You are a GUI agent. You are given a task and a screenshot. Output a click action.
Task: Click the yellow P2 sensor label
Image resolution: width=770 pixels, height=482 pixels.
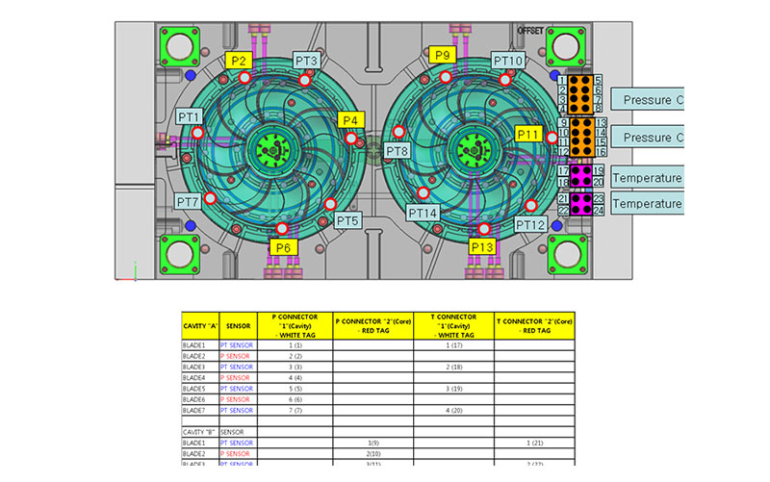[240, 61]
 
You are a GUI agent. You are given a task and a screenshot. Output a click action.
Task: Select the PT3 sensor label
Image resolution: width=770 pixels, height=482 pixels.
[307, 61]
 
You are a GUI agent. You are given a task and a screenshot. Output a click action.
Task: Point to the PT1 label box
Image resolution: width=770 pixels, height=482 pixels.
[190, 117]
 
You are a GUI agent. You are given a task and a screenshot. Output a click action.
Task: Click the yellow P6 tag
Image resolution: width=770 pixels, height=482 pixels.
[282, 247]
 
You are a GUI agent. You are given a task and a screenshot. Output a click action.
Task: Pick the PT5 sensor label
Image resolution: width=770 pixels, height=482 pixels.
[348, 221]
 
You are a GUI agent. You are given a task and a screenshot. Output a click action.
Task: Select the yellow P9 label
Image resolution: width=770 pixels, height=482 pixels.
[443, 55]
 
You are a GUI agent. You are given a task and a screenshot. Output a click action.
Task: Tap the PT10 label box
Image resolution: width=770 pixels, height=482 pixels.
[508, 61]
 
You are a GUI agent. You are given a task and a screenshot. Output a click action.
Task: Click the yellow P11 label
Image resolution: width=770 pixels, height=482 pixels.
[529, 134]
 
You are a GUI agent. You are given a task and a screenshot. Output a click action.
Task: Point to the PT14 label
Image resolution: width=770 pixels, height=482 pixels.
[423, 213]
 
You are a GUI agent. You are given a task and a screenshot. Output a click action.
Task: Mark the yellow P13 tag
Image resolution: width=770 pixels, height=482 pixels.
[483, 247]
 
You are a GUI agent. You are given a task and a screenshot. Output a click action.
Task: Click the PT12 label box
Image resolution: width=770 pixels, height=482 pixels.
[530, 224]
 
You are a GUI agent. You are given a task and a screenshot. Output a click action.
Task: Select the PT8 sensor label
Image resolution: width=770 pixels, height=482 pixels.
[398, 151]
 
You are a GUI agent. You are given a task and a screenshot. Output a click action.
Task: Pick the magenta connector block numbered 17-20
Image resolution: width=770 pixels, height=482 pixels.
[580, 175]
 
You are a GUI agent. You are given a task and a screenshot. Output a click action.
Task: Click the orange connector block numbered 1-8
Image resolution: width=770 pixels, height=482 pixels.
[580, 94]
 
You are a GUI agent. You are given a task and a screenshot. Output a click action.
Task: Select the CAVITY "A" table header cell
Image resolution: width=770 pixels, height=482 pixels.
[200, 326]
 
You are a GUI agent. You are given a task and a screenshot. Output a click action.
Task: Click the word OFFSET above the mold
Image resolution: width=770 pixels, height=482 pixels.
[531, 30]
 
